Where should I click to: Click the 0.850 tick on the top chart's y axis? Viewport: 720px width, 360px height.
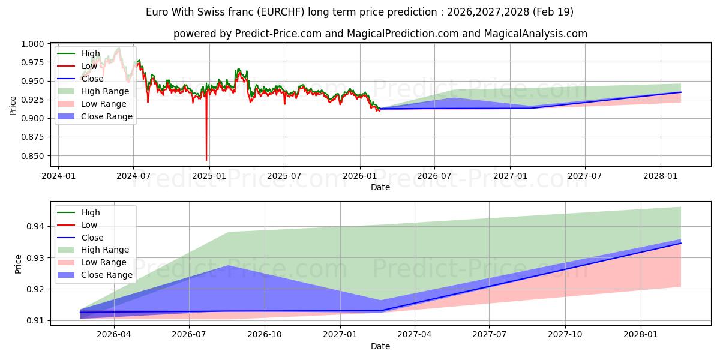click(32, 156)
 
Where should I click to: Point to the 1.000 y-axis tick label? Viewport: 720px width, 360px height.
click(32, 44)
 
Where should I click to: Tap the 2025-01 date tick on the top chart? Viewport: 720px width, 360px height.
click(209, 176)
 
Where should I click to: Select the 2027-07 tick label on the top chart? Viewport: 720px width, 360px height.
click(584, 176)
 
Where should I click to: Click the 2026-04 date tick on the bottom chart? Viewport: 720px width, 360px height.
click(114, 334)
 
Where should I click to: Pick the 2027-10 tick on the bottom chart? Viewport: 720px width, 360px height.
click(565, 334)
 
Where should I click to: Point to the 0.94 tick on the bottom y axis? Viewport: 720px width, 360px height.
click(35, 227)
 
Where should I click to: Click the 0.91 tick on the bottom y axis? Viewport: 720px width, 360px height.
click(35, 321)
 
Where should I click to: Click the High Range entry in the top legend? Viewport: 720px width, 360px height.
click(93, 91)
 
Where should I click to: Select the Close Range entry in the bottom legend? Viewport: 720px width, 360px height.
click(95, 275)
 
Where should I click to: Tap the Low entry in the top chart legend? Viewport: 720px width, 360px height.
click(77, 66)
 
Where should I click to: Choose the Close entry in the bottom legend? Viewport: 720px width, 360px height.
click(80, 238)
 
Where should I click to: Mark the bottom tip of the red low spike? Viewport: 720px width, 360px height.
click(206, 160)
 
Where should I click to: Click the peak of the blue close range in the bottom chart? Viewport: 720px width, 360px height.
click(228, 265)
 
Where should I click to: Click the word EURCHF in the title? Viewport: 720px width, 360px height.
click(281, 12)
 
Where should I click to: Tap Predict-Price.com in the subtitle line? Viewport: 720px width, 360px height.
click(278, 34)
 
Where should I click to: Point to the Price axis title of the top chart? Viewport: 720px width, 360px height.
click(13, 106)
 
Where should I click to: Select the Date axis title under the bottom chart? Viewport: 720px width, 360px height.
click(380, 346)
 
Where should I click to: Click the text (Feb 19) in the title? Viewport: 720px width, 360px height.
click(553, 12)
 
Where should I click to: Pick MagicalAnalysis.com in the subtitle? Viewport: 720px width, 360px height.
click(535, 34)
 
